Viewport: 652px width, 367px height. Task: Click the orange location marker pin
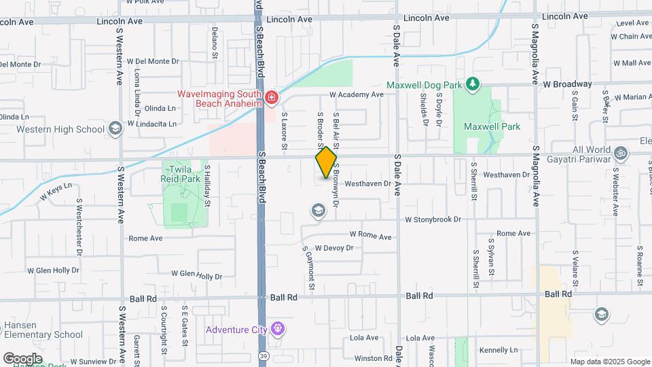coord(326,162)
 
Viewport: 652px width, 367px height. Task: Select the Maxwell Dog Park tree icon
coord(473,85)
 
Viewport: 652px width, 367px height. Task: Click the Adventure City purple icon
coord(276,330)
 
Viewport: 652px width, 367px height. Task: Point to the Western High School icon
coord(115,129)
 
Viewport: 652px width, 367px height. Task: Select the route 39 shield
coord(264,356)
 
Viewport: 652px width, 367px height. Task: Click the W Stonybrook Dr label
coord(433,220)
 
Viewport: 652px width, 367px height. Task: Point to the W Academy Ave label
coord(357,95)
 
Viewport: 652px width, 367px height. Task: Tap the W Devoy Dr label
coord(334,248)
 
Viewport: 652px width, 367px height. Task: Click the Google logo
coord(23,358)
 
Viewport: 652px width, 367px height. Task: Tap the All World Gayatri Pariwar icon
coord(620,151)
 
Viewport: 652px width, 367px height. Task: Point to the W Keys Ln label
coord(56,192)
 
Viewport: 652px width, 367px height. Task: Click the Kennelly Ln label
coord(499,350)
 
